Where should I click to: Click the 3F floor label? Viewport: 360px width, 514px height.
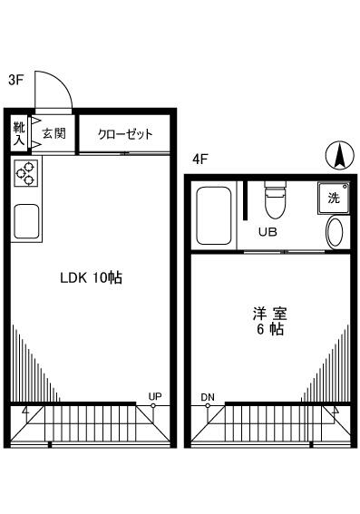15,80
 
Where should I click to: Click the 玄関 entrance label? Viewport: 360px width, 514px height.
54,133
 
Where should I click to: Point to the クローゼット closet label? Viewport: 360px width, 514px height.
125,134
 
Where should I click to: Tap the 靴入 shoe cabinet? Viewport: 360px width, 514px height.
19,133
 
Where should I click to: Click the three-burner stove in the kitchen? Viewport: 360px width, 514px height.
26,172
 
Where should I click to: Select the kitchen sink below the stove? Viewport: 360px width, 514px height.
26,219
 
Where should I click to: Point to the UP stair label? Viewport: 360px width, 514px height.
155,396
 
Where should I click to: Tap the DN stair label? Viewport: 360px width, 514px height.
208,396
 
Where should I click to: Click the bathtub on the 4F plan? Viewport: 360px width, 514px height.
214,216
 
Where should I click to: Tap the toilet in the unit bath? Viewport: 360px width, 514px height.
273,200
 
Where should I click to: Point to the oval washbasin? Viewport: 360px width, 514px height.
335,233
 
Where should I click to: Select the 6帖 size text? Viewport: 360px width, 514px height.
268,331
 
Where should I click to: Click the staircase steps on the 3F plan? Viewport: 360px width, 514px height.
91,427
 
